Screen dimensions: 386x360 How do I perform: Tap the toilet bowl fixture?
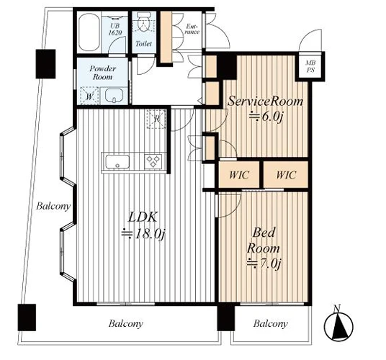pos(143,22)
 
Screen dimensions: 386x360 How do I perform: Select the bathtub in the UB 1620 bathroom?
pos(89,32)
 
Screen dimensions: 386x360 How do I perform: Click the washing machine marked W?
pos(89,96)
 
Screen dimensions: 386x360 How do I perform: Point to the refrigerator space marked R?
pos(156,119)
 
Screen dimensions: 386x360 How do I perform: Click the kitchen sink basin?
pos(117,162)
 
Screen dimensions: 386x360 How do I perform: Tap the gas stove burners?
pos(153,161)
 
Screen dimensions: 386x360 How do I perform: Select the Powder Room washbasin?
pos(114,96)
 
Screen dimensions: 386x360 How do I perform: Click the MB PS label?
pos(310,66)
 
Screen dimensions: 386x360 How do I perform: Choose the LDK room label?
pos(143,217)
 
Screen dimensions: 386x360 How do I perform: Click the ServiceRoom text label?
pos(265,101)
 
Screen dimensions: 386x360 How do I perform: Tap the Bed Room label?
pos(264,240)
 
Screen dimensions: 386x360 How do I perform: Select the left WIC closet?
pos(239,174)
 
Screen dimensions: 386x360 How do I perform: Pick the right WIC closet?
pos(286,174)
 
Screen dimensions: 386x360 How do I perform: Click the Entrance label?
pos(192,29)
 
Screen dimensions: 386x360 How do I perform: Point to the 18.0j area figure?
pos(143,234)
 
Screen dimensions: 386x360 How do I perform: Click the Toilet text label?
pos(144,44)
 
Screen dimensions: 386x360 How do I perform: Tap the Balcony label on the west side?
pos(53,206)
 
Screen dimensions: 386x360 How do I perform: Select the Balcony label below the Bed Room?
pos(271,323)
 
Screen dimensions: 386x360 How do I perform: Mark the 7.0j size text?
pos(264,264)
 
